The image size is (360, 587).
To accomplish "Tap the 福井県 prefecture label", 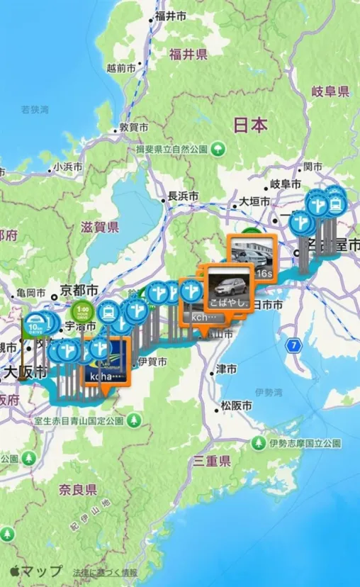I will click(x=188, y=54).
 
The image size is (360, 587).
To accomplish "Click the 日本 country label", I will click(x=250, y=125).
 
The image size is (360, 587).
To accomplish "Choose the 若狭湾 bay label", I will click(x=35, y=110).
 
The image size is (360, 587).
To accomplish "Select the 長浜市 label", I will click(x=182, y=196).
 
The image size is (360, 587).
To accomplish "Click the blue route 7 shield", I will click(x=293, y=345).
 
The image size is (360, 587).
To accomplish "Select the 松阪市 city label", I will click(x=236, y=406).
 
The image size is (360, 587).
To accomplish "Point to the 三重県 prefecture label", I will click(x=213, y=462).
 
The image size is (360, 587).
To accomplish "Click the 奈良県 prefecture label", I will click(x=78, y=490).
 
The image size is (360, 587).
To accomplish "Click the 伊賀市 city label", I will click(x=152, y=362).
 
